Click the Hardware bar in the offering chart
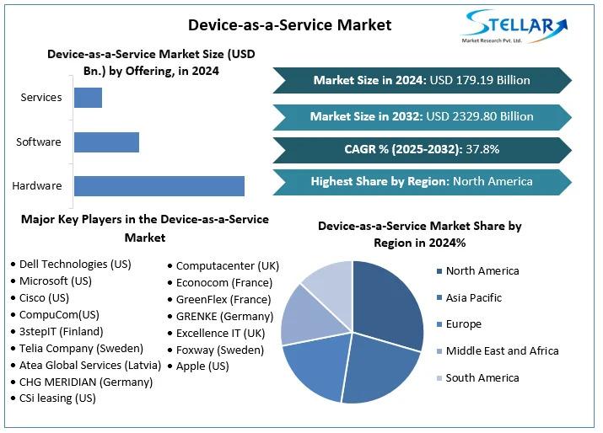159,186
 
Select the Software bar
106,142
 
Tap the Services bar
88,98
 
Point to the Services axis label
41,97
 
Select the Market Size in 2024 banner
422,81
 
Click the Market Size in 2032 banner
422,116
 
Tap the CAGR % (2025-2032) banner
422,149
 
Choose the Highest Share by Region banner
422,181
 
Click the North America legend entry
482,271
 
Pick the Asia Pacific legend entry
473,297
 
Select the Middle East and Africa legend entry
502,350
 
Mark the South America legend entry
482,377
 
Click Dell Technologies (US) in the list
74,264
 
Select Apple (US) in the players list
202,366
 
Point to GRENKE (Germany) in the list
224,316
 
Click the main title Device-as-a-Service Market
289,24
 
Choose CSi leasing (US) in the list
57,398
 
